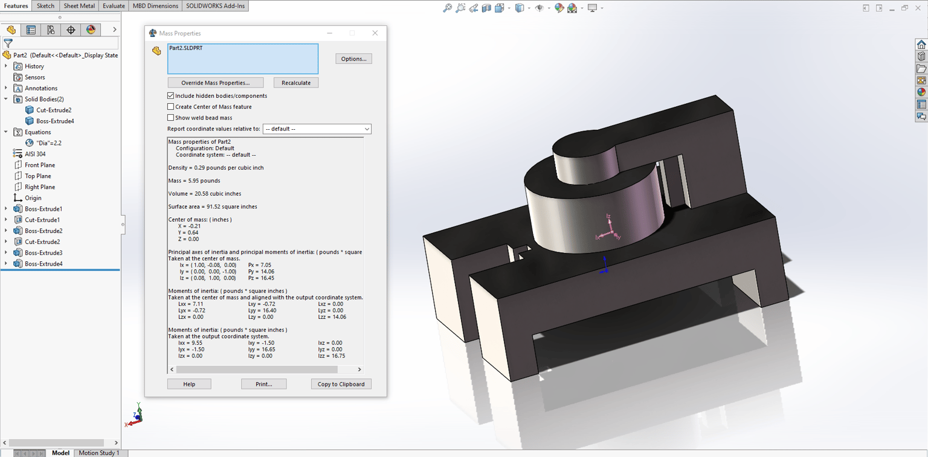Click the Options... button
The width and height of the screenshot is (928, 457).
353,59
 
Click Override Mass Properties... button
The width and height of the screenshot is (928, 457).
216,83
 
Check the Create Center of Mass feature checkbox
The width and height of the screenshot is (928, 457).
171,107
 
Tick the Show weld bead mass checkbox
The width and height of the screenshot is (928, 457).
171,118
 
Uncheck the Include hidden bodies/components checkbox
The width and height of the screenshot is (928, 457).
171,95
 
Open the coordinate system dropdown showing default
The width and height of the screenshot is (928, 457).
317,129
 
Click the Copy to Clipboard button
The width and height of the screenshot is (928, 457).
341,384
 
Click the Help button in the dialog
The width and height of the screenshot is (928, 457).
189,384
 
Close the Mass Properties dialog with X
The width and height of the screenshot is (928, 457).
375,33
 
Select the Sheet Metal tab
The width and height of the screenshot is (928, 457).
79,6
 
